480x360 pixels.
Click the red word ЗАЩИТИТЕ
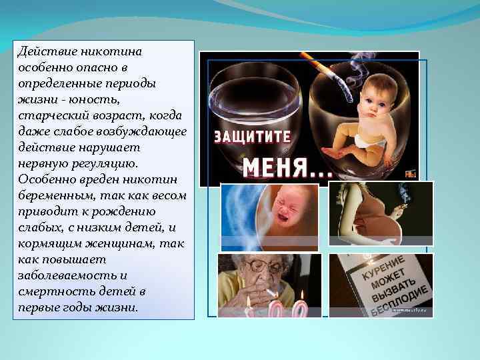[252, 137]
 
